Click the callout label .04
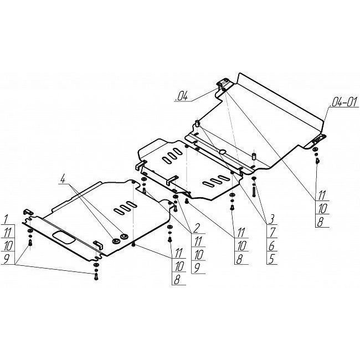click(x=181, y=96)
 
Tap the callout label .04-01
click(x=344, y=102)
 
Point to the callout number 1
click(x=6, y=219)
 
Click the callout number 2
click(x=197, y=228)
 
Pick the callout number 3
click(x=271, y=219)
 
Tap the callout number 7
click(x=272, y=233)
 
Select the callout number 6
click(x=271, y=246)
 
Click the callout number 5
click(x=271, y=259)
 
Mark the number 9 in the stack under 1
click(x=6, y=259)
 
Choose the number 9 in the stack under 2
click(x=197, y=268)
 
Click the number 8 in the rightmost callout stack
click(x=320, y=222)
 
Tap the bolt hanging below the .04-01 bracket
click(x=317, y=161)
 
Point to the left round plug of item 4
click(x=115, y=240)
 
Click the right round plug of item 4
click(x=124, y=236)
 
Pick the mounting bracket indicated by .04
click(x=222, y=84)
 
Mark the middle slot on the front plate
click(x=125, y=207)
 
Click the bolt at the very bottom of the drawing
click(x=96, y=276)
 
